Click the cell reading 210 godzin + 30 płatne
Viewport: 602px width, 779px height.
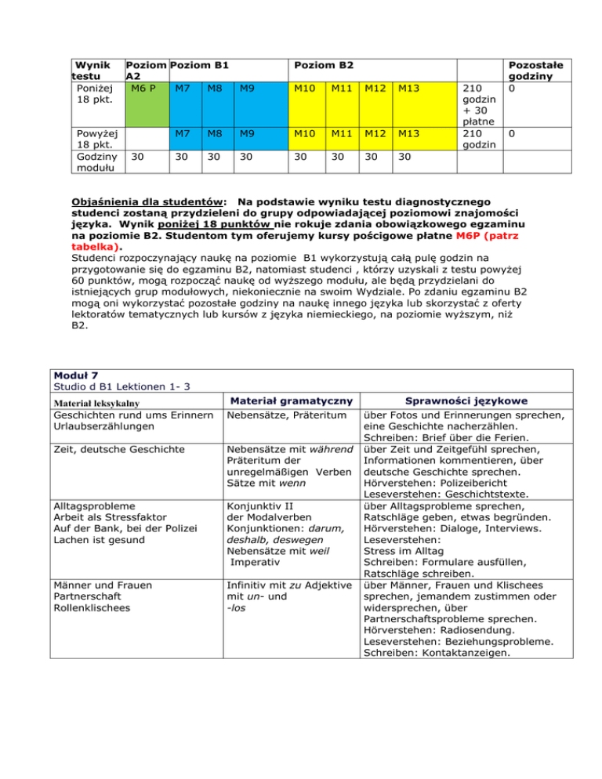pyautogui.click(x=476, y=101)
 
